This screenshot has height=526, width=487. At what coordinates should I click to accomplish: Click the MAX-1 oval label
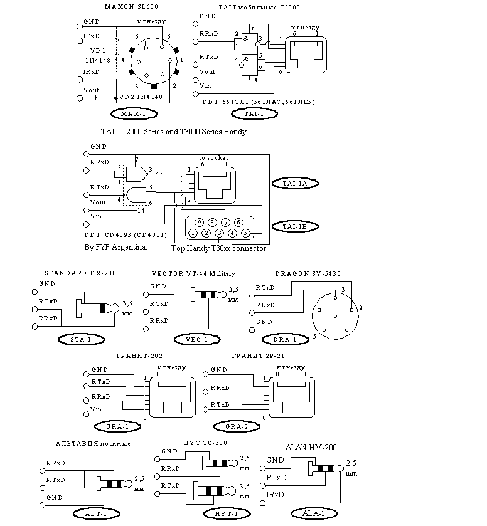133,113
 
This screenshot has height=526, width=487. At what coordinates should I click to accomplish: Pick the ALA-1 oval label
314,513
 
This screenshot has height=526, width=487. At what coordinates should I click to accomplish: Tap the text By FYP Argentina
115,247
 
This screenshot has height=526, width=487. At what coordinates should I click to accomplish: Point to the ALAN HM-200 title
311,448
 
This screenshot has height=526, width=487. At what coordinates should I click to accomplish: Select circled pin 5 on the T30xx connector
245,233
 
